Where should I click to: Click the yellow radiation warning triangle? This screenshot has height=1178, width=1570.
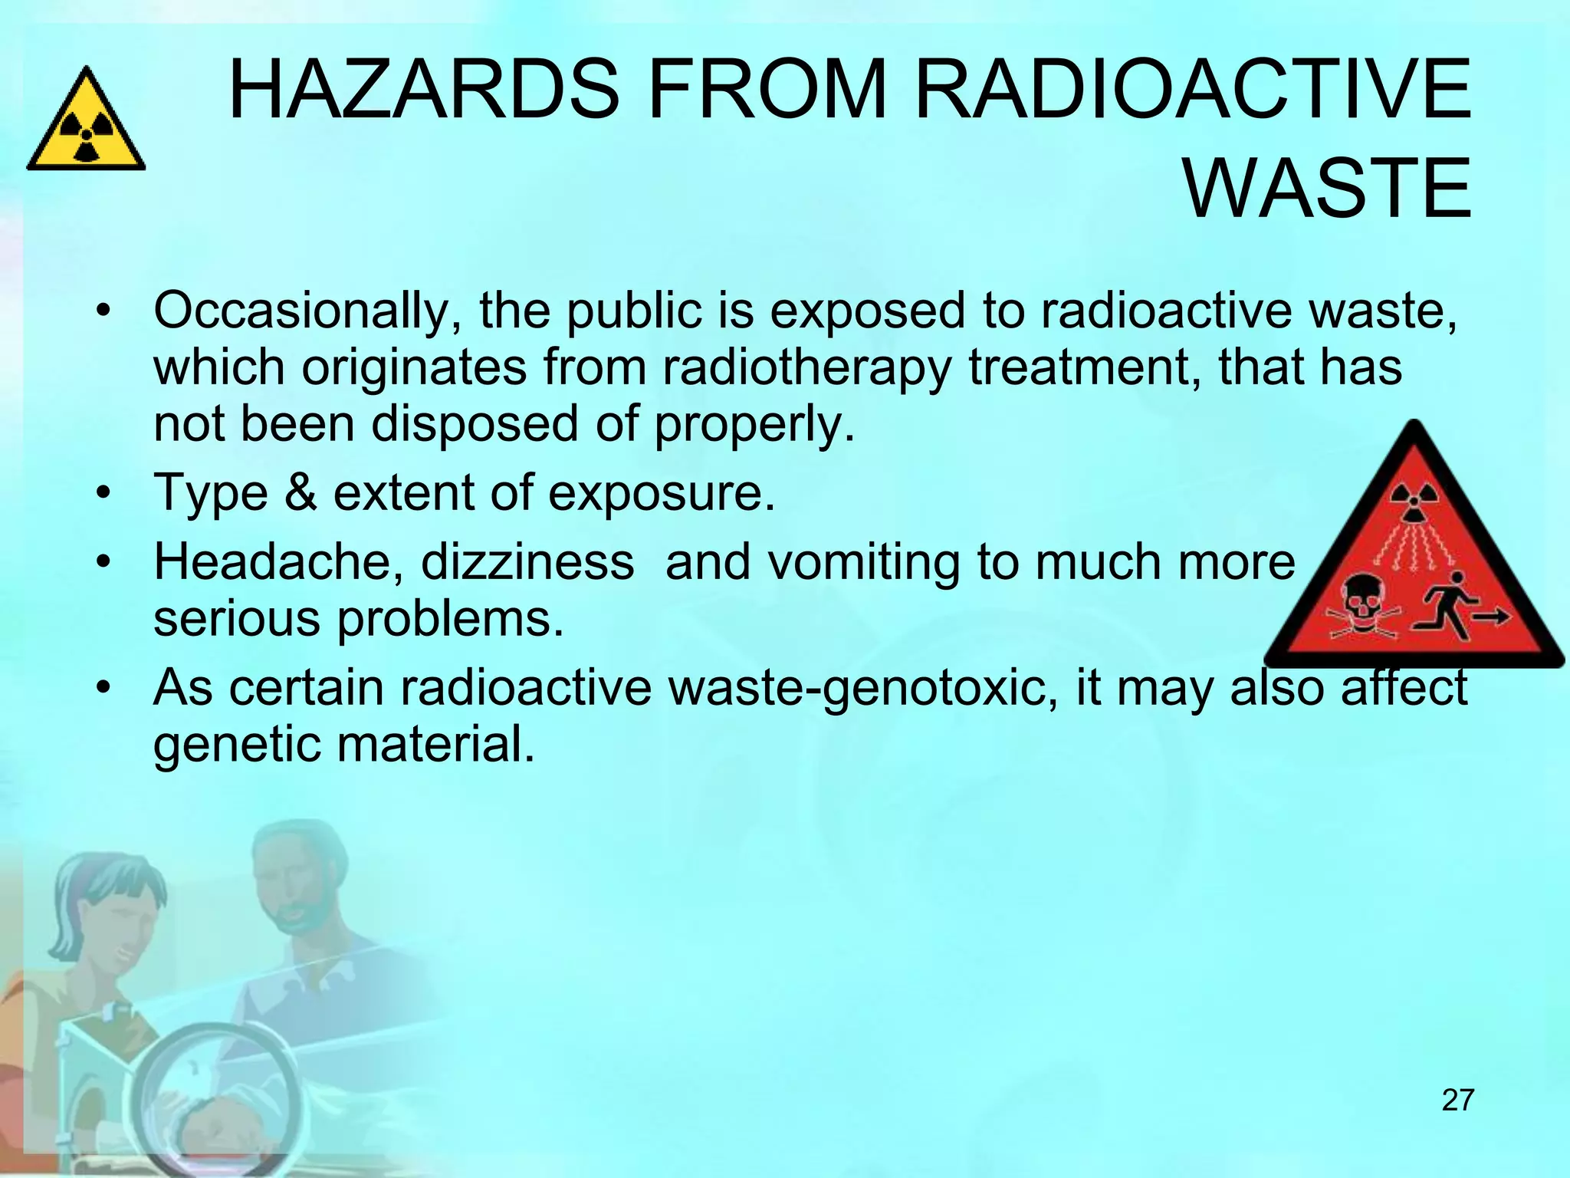86,123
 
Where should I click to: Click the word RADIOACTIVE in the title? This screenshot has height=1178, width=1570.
1192,90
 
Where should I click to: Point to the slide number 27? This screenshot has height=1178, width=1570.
1458,1100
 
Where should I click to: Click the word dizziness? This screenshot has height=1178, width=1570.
527,561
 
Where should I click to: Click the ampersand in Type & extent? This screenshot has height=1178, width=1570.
300,492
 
